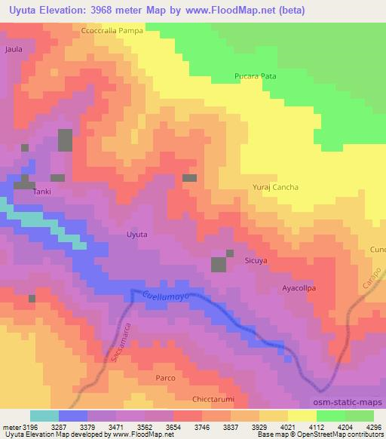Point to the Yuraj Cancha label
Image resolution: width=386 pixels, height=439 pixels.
(275, 187)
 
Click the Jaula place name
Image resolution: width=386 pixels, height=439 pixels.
(14, 49)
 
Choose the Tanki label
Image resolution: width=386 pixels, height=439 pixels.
(41, 192)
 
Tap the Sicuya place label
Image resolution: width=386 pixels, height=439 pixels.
(256, 260)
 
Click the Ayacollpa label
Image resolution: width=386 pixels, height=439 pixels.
(299, 288)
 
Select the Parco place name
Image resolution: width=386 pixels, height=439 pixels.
(165, 377)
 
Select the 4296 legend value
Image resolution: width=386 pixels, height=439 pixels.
(374, 427)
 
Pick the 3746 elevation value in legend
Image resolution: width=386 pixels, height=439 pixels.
(202, 427)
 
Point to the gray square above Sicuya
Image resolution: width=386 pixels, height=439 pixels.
(219, 264)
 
